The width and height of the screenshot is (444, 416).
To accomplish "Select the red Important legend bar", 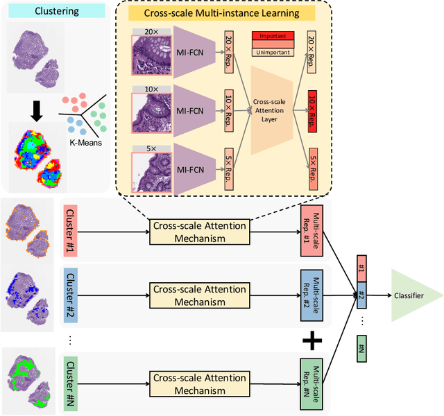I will pyautogui.click(x=273, y=36).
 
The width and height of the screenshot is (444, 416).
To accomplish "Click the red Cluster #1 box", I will pyautogui.click(x=72, y=229).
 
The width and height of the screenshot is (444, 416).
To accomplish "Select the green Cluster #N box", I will pyautogui.click(x=72, y=379).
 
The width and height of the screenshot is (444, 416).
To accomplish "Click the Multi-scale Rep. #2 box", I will pyautogui.click(x=310, y=294).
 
